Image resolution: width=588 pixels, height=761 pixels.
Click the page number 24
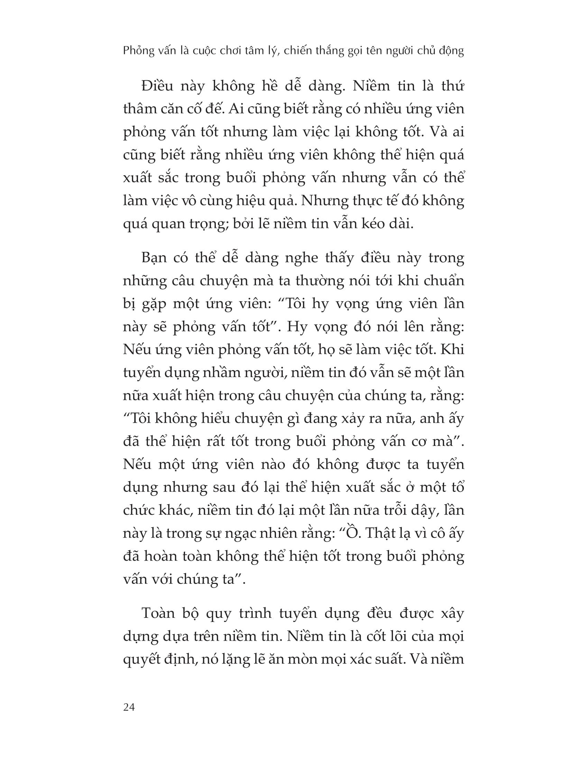[129, 707]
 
